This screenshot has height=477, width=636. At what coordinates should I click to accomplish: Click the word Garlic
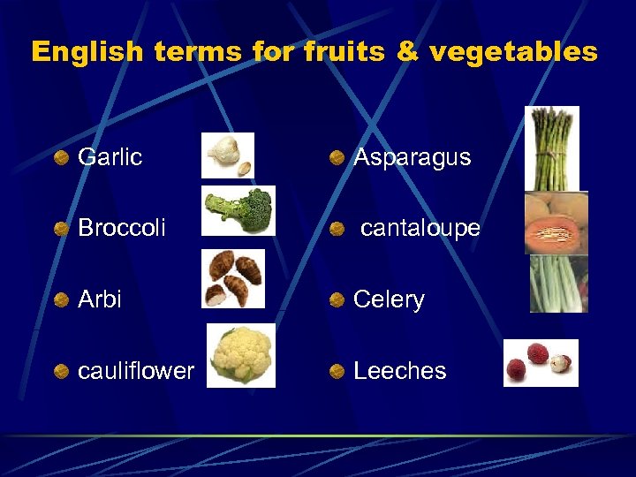(x=110, y=157)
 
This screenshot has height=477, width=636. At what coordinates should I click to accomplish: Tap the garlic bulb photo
(x=228, y=155)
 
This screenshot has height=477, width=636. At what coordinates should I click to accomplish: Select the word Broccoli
(x=122, y=228)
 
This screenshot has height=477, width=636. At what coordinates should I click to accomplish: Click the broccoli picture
(x=238, y=210)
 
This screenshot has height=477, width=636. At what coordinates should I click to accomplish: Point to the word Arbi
(x=100, y=299)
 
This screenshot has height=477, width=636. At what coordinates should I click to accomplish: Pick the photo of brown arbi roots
(x=233, y=278)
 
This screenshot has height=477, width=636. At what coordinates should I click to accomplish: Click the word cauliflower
(x=136, y=371)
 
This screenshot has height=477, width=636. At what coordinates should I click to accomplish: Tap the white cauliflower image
(x=241, y=355)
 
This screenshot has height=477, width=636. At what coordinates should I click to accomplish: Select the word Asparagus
(x=412, y=158)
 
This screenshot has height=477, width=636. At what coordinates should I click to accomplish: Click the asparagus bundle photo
(x=552, y=148)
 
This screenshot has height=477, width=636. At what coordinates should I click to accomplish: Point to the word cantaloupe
(x=420, y=228)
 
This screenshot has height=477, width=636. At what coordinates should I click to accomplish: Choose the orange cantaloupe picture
(x=556, y=223)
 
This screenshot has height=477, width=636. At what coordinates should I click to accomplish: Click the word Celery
(x=389, y=299)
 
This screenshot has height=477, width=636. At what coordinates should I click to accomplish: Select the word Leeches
(x=399, y=371)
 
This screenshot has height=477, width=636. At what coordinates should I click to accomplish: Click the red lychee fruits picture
(x=541, y=363)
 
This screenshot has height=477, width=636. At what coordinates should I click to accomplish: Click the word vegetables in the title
(x=514, y=52)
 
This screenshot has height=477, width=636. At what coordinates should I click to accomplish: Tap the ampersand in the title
(x=408, y=51)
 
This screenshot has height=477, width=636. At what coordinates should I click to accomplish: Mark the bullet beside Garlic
(x=60, y=158)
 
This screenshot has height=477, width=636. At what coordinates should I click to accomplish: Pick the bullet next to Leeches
(x=337, y=371)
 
